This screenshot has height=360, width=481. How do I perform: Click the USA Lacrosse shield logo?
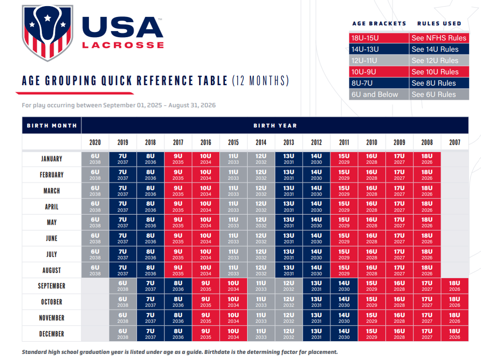(47, 32)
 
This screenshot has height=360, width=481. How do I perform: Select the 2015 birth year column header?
(233, 142)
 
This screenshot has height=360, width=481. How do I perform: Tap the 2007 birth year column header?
(455, 142)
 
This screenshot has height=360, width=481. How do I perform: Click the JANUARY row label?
(52, 159)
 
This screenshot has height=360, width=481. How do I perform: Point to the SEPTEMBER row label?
(52, 286)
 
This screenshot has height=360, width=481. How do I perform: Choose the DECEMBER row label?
(52, 334)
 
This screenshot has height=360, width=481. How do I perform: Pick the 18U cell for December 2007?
(455, 334)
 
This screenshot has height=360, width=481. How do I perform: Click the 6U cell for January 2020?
(95, 159)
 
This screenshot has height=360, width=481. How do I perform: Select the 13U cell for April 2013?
(289, 207)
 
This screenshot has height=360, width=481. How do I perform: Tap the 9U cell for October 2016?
(206, 302)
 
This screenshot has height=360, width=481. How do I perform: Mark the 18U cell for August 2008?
(427, 270)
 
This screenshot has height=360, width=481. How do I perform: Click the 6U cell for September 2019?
(123, 286)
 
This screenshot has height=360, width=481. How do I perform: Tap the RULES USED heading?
(439, 23)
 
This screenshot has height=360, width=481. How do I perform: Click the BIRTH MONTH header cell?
(52, 126)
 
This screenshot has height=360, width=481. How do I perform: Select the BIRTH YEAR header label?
(275, 126)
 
